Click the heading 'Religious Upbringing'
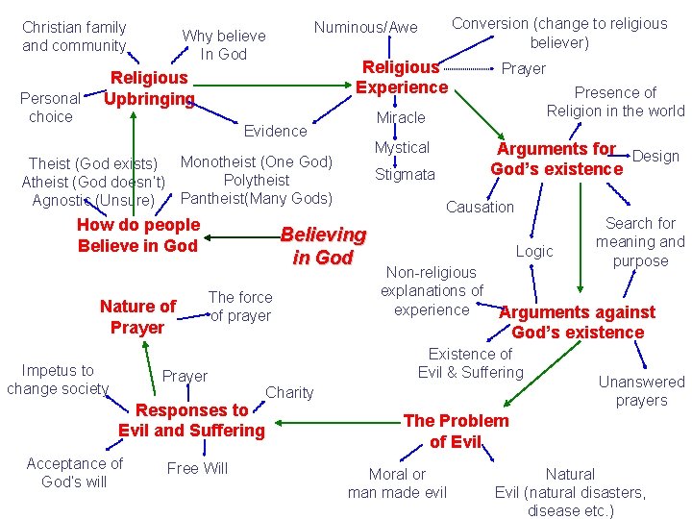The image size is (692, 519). pos(149,87)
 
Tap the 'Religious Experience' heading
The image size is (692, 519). pos(402,77)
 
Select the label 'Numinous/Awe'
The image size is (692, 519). pos(365,27)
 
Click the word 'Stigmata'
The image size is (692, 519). pos(405,174)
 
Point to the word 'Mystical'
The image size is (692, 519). pos(402,147)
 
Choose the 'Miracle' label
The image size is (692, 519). pos(401,117)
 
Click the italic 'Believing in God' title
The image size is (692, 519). pos(323,245)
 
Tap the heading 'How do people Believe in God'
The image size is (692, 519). pos(137,235)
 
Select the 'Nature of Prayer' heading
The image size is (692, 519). pos(137,316)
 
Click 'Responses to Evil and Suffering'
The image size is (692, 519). pos(191,420)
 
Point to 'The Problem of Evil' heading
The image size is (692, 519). pos(456,431)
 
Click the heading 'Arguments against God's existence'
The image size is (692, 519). pos(578,322)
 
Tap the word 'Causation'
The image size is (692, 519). pos(480,207)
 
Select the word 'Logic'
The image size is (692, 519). pos(534,251)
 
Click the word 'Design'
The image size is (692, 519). pos(655,156)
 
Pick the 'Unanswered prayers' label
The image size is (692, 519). pos(641,390)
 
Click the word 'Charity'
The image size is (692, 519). pos(289,391)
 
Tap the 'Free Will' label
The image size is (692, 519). pos(197,468)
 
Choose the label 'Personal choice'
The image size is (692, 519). pos(51,108)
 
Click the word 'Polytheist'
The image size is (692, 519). pos(256,180)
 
